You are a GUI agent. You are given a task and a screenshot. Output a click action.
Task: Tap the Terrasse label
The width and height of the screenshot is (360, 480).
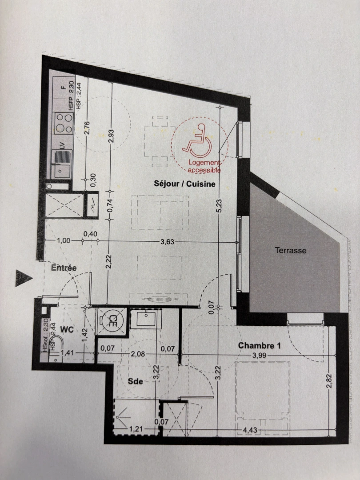(290, 251)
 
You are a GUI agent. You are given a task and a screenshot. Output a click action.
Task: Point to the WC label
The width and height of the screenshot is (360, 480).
(67, 330)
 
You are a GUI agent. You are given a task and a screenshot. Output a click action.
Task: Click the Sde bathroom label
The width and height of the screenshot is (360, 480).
(135, 381)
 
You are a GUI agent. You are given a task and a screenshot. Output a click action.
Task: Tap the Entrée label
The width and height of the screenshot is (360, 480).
(64, 268)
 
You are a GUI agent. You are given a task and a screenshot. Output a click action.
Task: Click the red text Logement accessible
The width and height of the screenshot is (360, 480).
(204, 166)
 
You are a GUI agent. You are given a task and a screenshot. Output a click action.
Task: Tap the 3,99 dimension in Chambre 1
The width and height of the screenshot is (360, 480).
(260, 355)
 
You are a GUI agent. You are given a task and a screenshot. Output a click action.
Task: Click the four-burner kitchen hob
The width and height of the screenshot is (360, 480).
(63, 123)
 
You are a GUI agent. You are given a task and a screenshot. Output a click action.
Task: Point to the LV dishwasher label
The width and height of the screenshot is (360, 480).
(62, 144)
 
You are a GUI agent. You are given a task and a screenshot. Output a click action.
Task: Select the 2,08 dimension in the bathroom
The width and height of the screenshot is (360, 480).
(136, 354)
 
